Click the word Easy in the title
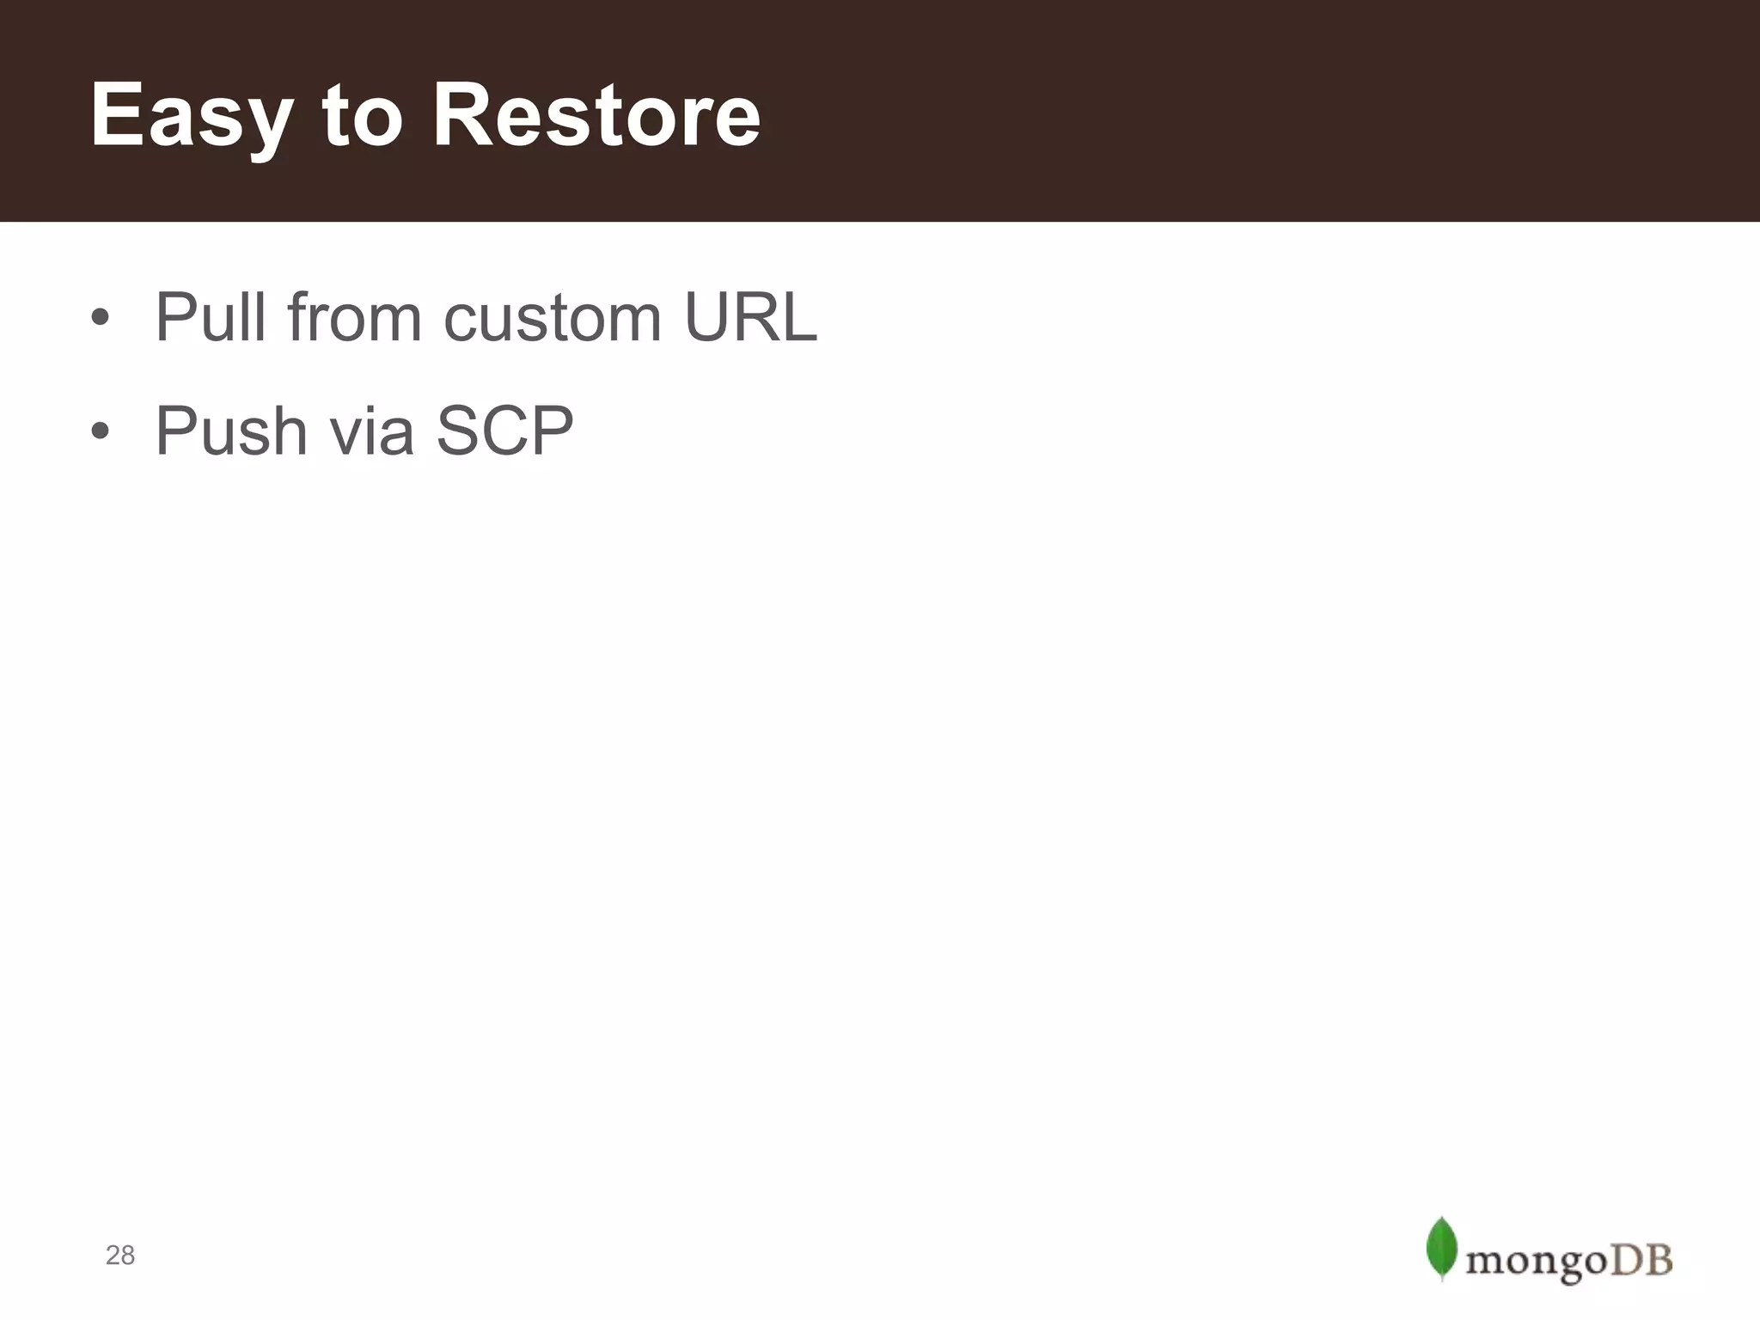[192, 116]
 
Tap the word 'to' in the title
[362, 116]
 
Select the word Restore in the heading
[596, 116]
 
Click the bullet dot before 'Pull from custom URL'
[101, 318]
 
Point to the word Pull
[211, 318]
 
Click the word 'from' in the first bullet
[354, 318]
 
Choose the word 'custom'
[553, 318]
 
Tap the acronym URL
[750, 318]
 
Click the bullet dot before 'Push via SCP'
[101, 431]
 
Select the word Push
[231, 431]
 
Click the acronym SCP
[504, 431]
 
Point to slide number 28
[120, 1256]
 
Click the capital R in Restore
[464, 116]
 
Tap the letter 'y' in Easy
[267, 125]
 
